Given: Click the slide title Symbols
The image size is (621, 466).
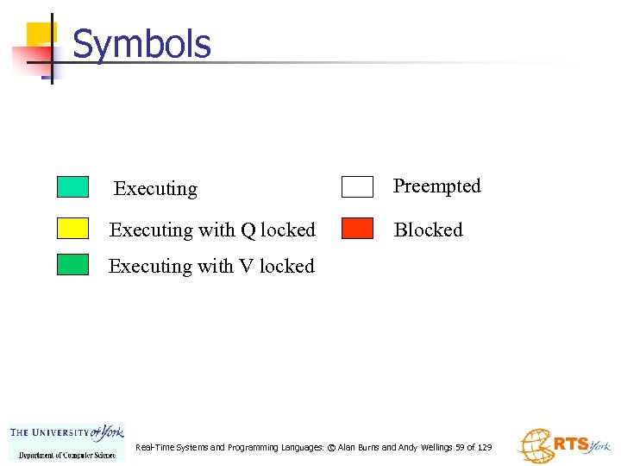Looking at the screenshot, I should [141, 44].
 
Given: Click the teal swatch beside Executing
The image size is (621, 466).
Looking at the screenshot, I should [72, 187].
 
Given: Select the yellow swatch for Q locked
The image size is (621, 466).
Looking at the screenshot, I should [72, 229].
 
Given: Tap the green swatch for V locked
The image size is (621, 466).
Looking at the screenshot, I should [72, 265].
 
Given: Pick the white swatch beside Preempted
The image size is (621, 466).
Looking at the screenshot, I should [357, 187].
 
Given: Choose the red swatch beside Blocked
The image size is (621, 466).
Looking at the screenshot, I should [357, 229].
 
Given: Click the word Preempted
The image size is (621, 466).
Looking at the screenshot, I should [436, 186].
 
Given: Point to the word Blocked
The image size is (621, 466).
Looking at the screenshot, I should [428, 230].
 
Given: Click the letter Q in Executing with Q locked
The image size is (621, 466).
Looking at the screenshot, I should [248, 230].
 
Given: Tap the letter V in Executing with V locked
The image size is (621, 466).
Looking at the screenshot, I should [248, 267].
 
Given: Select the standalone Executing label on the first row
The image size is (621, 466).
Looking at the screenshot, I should [155, 189].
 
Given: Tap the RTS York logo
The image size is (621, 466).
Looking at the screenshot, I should [563, 445].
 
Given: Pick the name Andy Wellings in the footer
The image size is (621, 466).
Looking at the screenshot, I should [423, 448].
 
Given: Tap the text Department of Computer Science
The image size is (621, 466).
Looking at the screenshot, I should [67, 455].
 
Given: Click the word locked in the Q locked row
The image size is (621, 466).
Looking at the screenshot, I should [287, 230].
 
